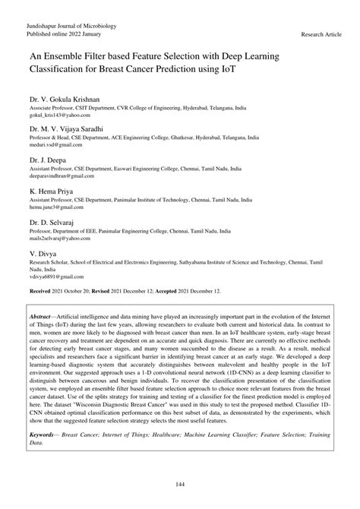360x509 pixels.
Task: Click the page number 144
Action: click(x=180, y=484)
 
